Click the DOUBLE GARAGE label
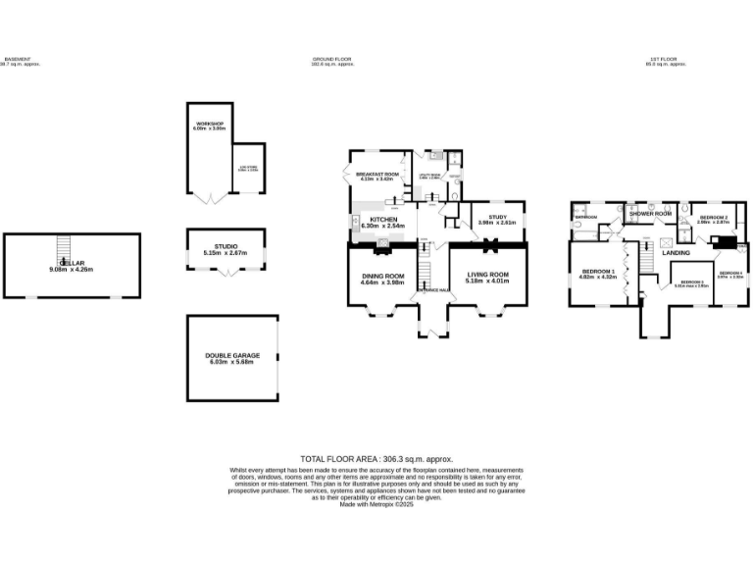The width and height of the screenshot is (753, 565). (230, 355)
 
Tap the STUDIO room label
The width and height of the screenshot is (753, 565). (226, 248)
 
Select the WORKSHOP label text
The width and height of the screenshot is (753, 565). (210, 125)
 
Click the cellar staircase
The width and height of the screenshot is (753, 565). (64, 246)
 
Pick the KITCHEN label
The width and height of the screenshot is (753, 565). (383, 220)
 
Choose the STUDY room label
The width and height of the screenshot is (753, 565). (496, 217)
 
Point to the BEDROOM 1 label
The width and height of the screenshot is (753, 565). (598, 271)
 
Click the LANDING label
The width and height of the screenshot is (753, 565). (677, 253)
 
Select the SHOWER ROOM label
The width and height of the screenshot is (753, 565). (650, 213)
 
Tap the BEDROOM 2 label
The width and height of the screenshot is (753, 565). (713, 217)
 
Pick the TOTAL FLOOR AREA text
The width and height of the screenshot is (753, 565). (376, 459)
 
